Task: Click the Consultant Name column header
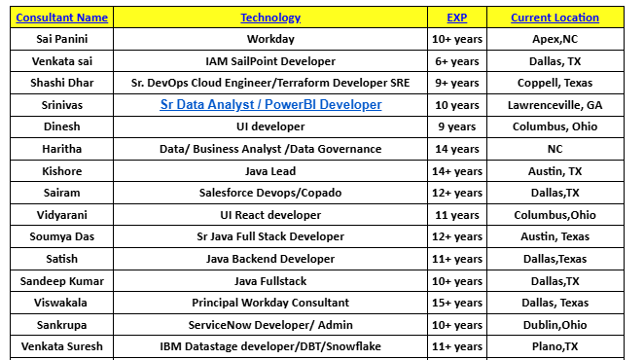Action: pyautogui.click(x=62, y=18)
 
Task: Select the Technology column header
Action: pyautogui.click(x=270, y=18)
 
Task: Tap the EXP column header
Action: pyautogui.click(x=457, y=18)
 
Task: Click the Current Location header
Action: pyautogui.click(x=555, y=18)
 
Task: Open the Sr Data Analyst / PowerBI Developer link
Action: pyautogui.click(x=270, y=105)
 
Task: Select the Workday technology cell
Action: pyautogui.click(x=270, y=39)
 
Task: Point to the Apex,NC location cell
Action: pyautogui.click(x=555, y=39)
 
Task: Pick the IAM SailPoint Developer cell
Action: pyautogui.click(x=270, y=60)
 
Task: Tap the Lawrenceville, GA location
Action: pyautogui.click(x=555, y=105)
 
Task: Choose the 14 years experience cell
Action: pyautogui.click(x=457, y=149)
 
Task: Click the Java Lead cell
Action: pyautogui.click(x=270, y=170)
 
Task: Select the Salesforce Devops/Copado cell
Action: pyautogui.click(x=270, y=193)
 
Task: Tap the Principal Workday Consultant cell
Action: pyautogui.click(x=270, y=302)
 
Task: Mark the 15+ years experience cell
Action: pyautogui.click(x=457, y=302)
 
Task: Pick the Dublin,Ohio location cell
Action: pyautogui.click(x=555, y=324)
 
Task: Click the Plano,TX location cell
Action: pyautogui.click(x=555, y=345)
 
